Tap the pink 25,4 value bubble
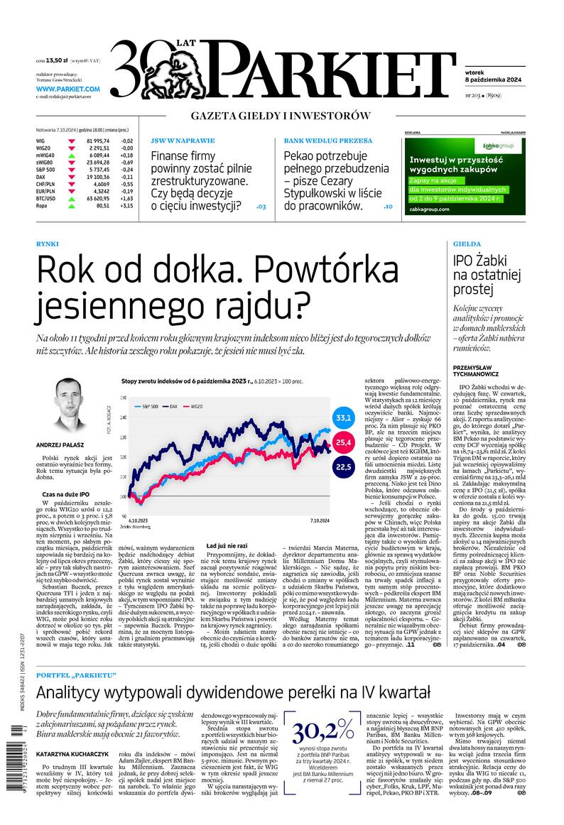coord(345,442)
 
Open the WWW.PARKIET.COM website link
coord(68,89)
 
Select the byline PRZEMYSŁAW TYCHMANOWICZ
coord(476,369)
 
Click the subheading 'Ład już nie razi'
coord(227,545)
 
